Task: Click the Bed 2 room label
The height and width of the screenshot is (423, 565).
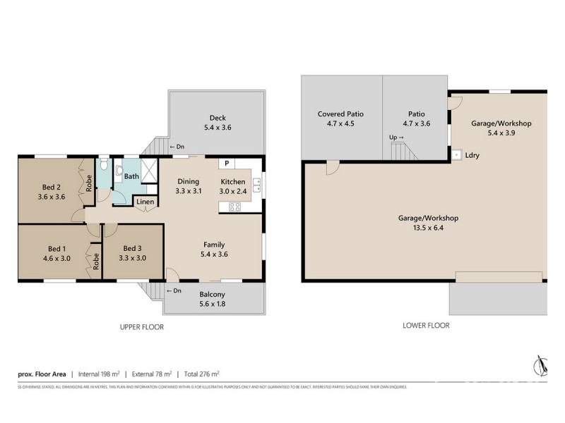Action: point(51,187)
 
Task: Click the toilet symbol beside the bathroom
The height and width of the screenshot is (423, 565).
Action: point(104,165)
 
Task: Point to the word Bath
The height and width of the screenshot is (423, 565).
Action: point(131,176)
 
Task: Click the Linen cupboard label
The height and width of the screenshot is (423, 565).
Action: point(145,202)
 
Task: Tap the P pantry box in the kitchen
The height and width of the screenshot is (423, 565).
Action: point(227,163)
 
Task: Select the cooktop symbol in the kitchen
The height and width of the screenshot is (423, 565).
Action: point(234,207)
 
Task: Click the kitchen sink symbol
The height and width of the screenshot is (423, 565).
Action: point(256,185)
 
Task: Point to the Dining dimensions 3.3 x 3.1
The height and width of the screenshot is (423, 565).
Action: point(189,191)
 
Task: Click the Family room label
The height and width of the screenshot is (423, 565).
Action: point(215,244)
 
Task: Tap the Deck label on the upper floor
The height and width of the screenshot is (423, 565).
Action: point(217,118)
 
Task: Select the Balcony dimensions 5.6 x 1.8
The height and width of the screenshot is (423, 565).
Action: point(213,305)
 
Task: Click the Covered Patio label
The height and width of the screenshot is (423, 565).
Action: point(341,114)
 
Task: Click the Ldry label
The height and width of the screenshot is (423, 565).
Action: point(472,155)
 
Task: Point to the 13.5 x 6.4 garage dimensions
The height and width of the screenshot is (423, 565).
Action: point(428,228)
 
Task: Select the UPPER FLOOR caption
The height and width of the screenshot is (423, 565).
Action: point(142,326)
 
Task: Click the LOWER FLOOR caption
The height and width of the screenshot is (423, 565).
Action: point(427,325)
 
